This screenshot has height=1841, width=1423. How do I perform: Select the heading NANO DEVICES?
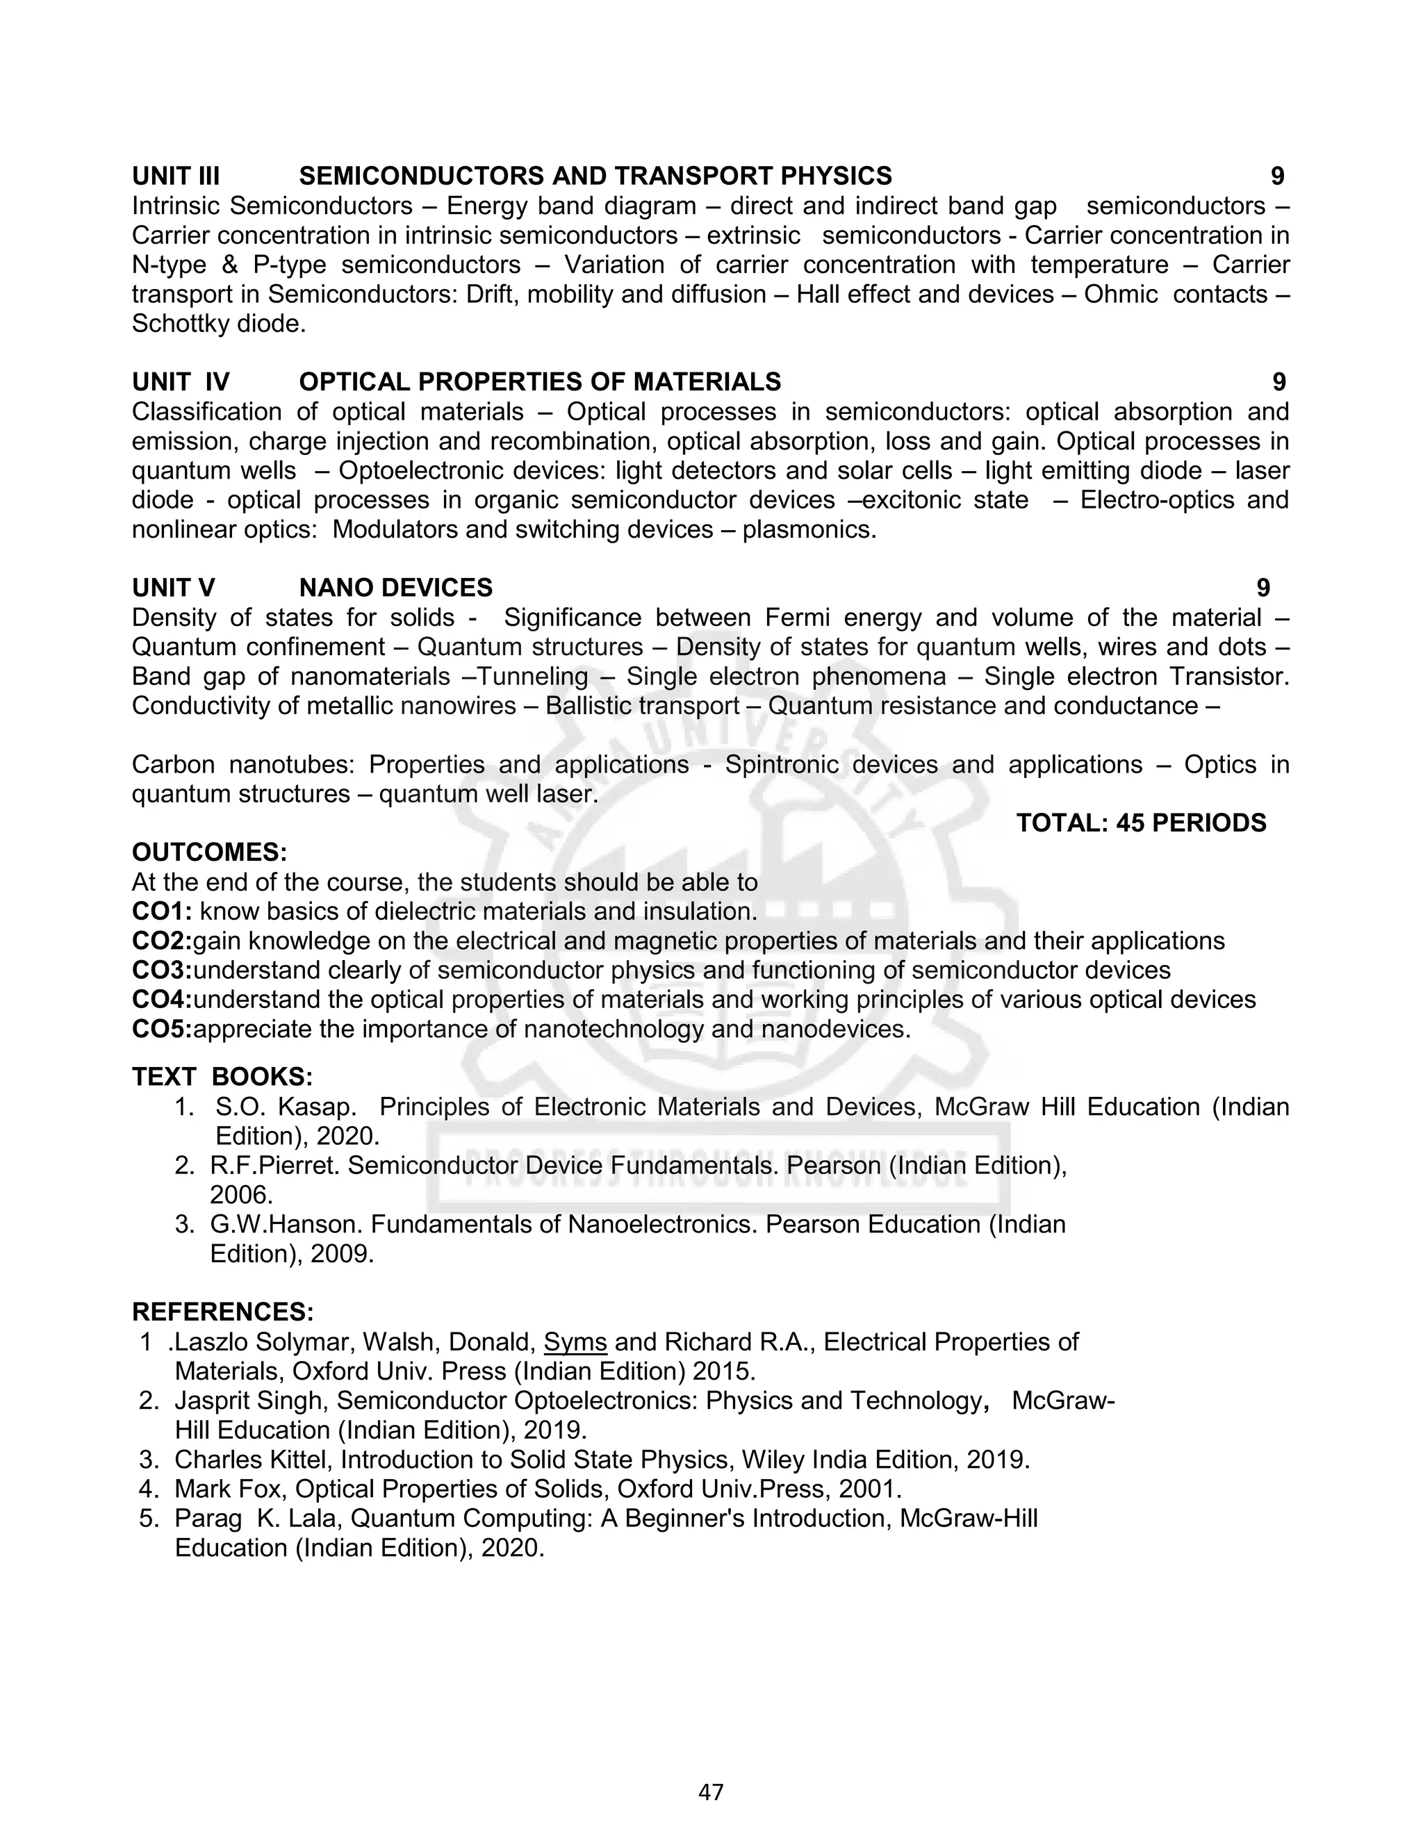pos(395,588)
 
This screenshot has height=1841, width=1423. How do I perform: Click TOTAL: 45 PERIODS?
pos(1141,823)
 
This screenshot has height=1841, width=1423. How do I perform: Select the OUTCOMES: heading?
pos(209,852)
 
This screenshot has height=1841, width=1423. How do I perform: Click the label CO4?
pos(162,1000)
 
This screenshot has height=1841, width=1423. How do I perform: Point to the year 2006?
pos(241,1196)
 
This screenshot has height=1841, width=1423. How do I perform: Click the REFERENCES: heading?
pos(222,1312)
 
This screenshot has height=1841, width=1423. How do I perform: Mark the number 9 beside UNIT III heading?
pos(1277,176)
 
